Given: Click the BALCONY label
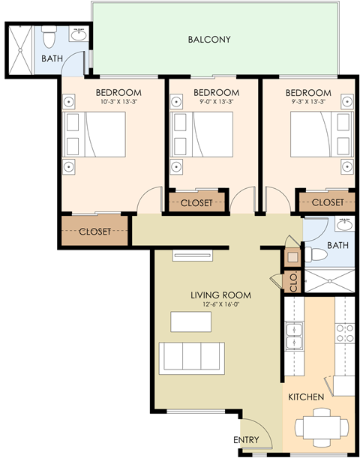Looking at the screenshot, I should click(x=209, y=40).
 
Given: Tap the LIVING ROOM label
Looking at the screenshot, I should click(x=220, y=295).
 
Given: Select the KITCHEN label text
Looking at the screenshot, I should click(x=305, y=397).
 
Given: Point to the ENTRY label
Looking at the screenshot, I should click(x=246, y=440).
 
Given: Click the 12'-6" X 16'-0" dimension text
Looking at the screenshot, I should click(x=220, y=305).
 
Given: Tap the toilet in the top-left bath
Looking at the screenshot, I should click(x=49, y=35).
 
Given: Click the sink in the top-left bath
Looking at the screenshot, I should click(x=78, y=34).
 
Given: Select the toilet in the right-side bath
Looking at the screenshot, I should click(x=314, y=255).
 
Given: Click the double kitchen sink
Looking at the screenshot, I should click(x=295, y=337).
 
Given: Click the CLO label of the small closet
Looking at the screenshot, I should click(x=293, y=282).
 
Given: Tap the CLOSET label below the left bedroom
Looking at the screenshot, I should click(x=95, y=232).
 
